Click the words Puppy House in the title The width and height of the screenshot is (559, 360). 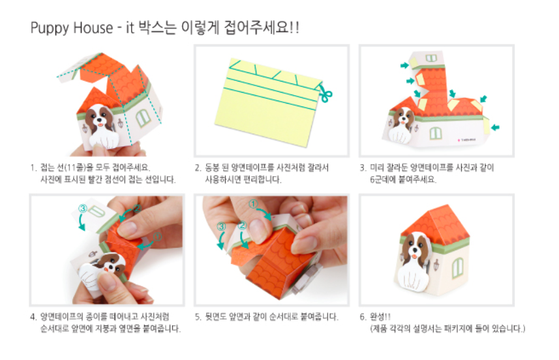tap(72, 28)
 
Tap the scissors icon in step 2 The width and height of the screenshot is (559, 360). tap(325, 93)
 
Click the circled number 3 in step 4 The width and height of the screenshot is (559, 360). tap(83, 208)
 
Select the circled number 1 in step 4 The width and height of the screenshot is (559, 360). tap(157, 236)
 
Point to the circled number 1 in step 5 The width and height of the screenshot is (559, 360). tap(253, 204)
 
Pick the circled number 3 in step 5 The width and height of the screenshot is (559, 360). tap(221, 226)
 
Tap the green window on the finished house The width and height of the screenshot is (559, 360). tap(458, 267)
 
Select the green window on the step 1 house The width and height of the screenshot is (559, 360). tap(143, 118)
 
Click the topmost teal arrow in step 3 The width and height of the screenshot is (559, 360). tap(404, 65)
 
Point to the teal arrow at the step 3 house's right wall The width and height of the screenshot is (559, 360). tap(495, 127)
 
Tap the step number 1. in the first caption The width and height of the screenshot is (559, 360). tap(34, 168)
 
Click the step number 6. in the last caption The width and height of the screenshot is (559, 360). tap(363, 316)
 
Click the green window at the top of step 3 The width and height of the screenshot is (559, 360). tap(431, 58)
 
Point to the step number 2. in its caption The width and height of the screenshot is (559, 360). tap(198, 168)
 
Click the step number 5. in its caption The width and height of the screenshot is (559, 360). tap(198, 316)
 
